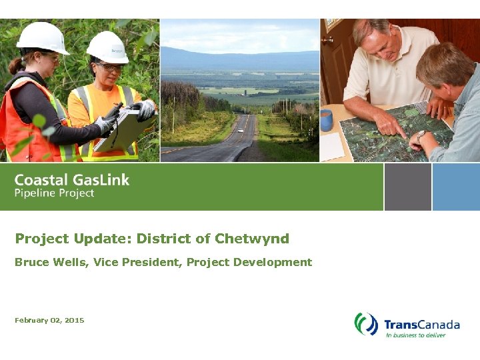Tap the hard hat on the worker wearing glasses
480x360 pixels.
pyautogui.click(x=107, y=47)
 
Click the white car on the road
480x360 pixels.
pyautogui.click(x=240, y=130)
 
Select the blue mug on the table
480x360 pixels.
pyautogui.click(x=326, y=121)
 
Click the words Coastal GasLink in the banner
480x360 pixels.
pyautogui.click(x=72, y=179)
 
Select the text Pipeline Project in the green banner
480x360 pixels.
pyautogui.click(x=55, y=193)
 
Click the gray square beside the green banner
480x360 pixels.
pyautogui.click(x=407, y=187)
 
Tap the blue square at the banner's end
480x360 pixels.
pyautogui.click(x=456, y=187)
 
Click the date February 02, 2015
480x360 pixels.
pyautogui.click(x=49, y=321)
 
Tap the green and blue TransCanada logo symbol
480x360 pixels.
pyautogui.click(x=366, y=325)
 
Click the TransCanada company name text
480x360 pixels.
pyautogui.click(x=421, y=325)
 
